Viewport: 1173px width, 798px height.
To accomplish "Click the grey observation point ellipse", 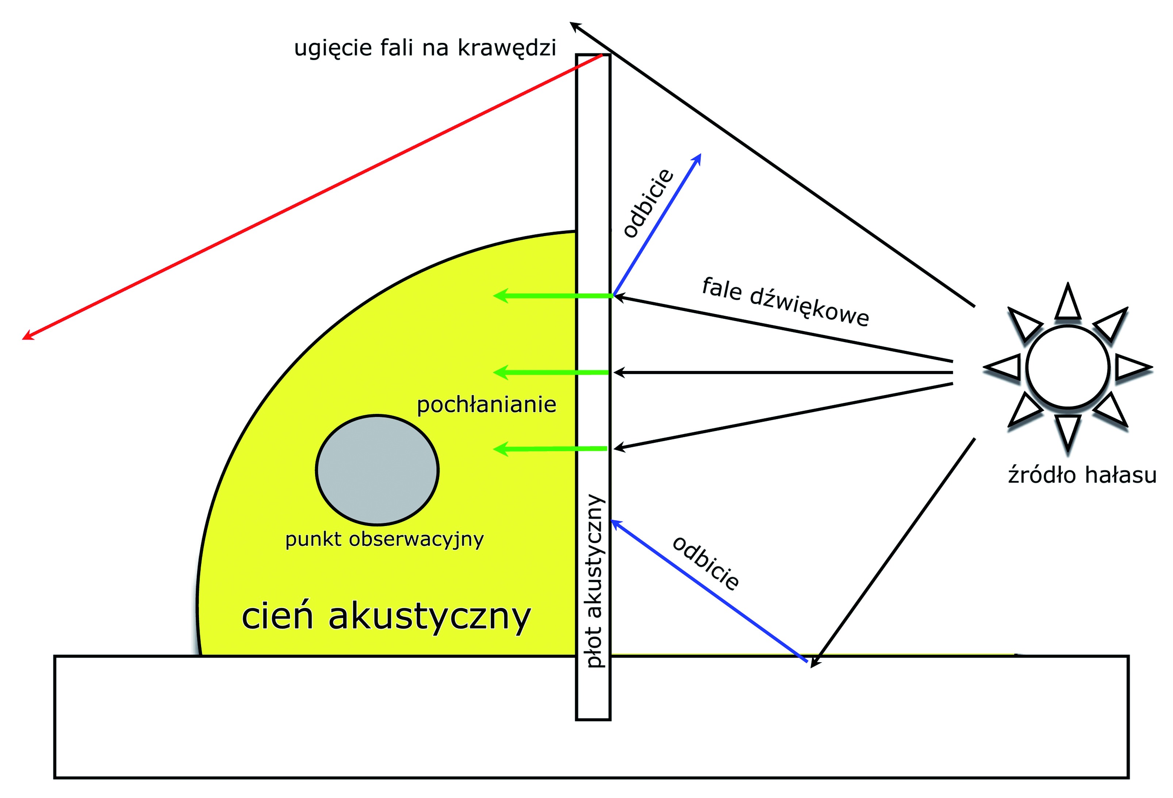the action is (x=377, y=470).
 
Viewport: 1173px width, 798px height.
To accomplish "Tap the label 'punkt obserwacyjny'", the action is (x=384, y=540).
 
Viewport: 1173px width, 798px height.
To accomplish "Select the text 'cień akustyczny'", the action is (x=386, y=617).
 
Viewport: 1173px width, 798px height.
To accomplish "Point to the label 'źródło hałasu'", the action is (x=1082, y=475).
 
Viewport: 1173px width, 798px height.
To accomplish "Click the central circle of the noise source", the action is (x=1068, y=367).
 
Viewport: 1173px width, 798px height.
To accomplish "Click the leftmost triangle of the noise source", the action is (x=1003, y=367).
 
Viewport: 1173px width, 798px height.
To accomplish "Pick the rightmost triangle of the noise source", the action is (x=1133, y=367).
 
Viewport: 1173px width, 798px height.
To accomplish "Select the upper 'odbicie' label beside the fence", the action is (x=649, y=203).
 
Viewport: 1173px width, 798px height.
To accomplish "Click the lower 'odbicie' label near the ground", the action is (x=706, y=563).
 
